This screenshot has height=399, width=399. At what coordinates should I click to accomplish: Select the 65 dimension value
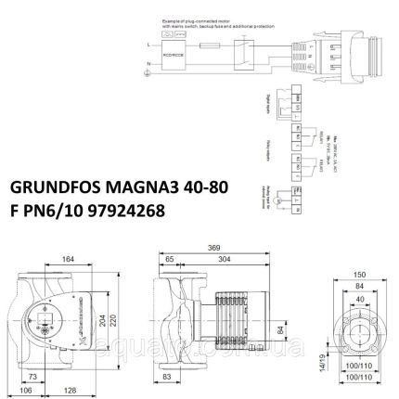(173, 261)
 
